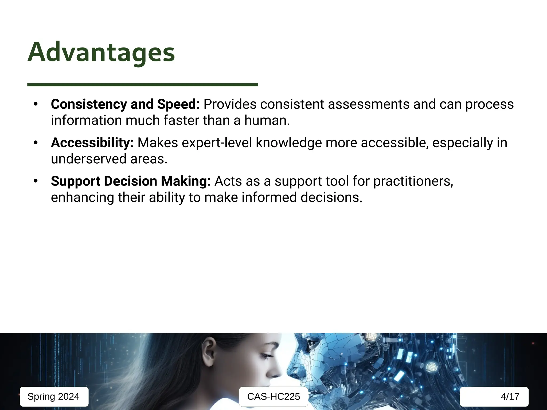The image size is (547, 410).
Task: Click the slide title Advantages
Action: click(x=101, y=52)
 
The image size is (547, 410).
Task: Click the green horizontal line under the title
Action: click(x=142, y=85)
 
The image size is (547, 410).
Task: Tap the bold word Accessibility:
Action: click(x=92, y=143)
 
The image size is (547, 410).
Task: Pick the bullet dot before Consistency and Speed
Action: click(x=36, y=104)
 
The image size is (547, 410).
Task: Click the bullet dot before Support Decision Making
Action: click(x=36, y=181)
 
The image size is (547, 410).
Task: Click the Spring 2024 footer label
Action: click(x=53, y=397)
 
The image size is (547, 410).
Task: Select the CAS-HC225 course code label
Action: click(x=273, y=397)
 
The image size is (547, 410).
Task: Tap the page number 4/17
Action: click(x=510, y=397)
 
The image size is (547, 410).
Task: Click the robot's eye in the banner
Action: click(x=311, y=342)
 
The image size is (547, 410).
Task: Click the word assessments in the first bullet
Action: click(x=368, y=104)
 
